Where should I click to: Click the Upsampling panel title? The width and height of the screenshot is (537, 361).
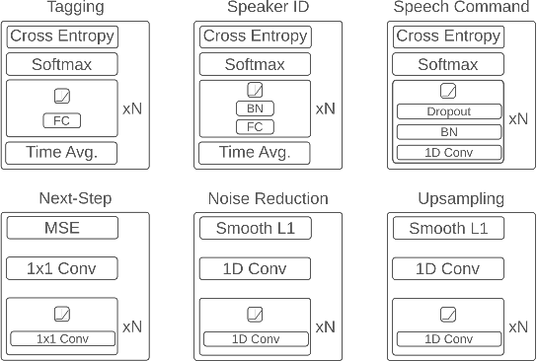(x=448, y=199)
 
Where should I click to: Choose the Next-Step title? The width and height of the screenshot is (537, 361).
(x=61, y=199)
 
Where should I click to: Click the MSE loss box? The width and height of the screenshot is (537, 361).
(x=61, y=229)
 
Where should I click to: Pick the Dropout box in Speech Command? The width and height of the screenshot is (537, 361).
(x=448, y=112)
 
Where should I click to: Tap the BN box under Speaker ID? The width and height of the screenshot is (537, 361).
(x=255, y=108)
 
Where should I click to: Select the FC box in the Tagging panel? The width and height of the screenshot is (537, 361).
(x=61, y=120)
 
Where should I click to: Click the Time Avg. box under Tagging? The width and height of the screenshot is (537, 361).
(x=61, y=153)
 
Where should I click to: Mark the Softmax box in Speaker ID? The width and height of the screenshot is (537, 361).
(x=255, y=65)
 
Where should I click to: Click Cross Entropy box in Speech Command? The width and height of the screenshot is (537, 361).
(x=448, y=37)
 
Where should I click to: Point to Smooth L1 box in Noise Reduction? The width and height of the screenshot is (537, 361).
(x=255, y=229)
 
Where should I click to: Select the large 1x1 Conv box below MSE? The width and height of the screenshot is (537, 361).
(x=61, y=268)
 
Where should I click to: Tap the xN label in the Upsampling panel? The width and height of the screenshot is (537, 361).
(x=517, y=325)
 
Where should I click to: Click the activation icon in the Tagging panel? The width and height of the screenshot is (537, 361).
(x=61, y=99)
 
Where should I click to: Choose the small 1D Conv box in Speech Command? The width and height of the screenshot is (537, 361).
(x=448, y=152)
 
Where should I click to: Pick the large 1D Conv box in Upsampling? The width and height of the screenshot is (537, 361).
(x=448, y=268)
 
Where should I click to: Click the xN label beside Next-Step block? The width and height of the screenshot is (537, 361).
(x=130, y=325)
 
